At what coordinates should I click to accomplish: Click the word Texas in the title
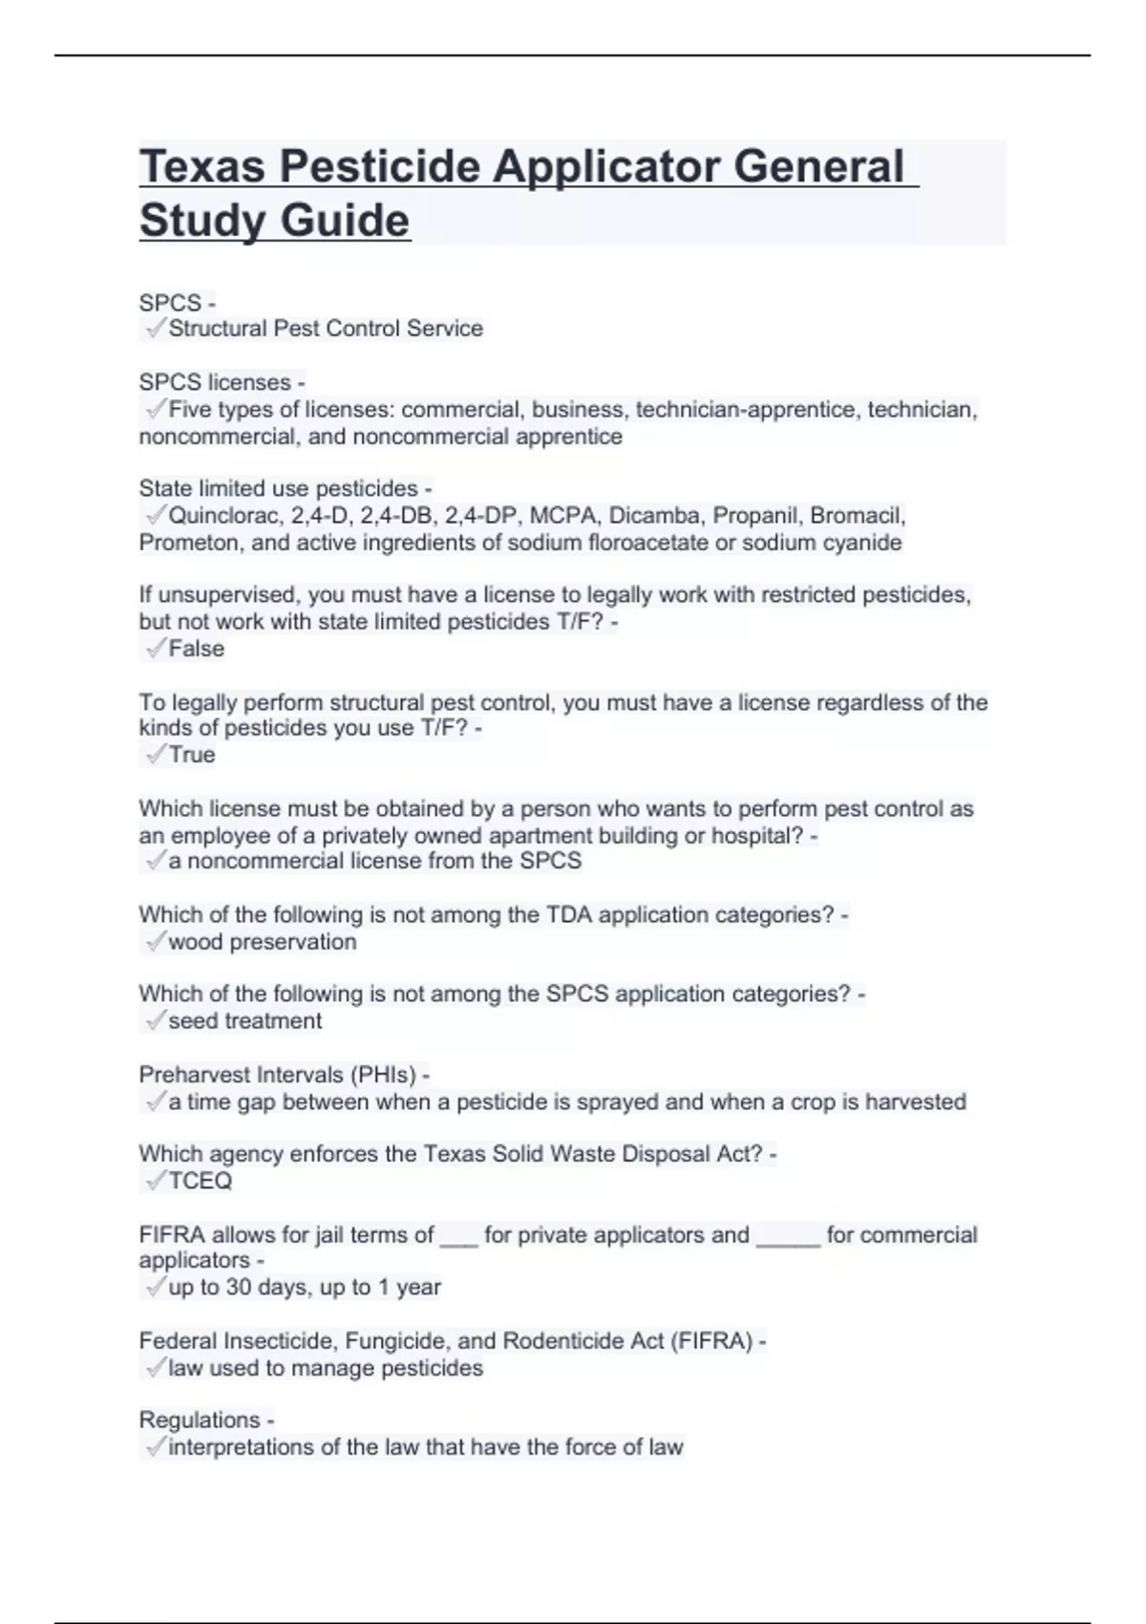(x=202, y=166)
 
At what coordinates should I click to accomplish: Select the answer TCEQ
(x=200, y=1181)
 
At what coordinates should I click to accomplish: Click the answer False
(x=196, y=649)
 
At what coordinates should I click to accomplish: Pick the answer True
(x=191, y=755)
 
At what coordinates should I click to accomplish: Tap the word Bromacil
(x=857, y=516)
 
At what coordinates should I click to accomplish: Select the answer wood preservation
(x=262, y=942)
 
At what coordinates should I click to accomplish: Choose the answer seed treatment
(x=244, y=1021)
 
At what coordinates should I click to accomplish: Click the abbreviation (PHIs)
(x=383, y=1075)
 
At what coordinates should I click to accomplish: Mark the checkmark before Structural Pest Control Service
(x=155, y=329)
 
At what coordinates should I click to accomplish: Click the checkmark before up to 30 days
(x=155, y=1288)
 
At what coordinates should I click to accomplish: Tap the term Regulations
(x=199, y=1420)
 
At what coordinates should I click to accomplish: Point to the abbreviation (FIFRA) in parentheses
(x=711, y=1341)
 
